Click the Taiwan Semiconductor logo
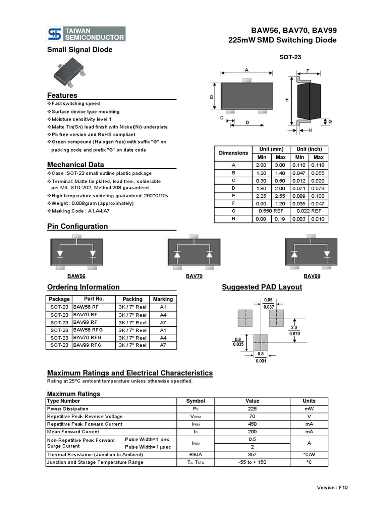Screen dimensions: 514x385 click(86, 34)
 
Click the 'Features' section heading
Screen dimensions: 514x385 click(62, 95)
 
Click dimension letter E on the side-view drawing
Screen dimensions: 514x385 click(287, 100)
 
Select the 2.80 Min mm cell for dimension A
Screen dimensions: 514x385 click(261, 165)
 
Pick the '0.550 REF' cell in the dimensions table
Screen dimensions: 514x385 click(271, 211)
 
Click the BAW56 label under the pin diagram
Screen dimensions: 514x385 click(76, 276)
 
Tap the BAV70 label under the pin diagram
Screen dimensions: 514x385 click(194, 276)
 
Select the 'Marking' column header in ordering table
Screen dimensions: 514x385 click(163, 299)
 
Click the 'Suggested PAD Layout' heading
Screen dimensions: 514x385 click(262, 287)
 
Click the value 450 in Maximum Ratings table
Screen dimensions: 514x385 click(252, 424)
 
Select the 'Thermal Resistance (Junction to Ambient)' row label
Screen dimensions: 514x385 click(95, 454)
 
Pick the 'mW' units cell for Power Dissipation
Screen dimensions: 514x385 click(309, 409)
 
